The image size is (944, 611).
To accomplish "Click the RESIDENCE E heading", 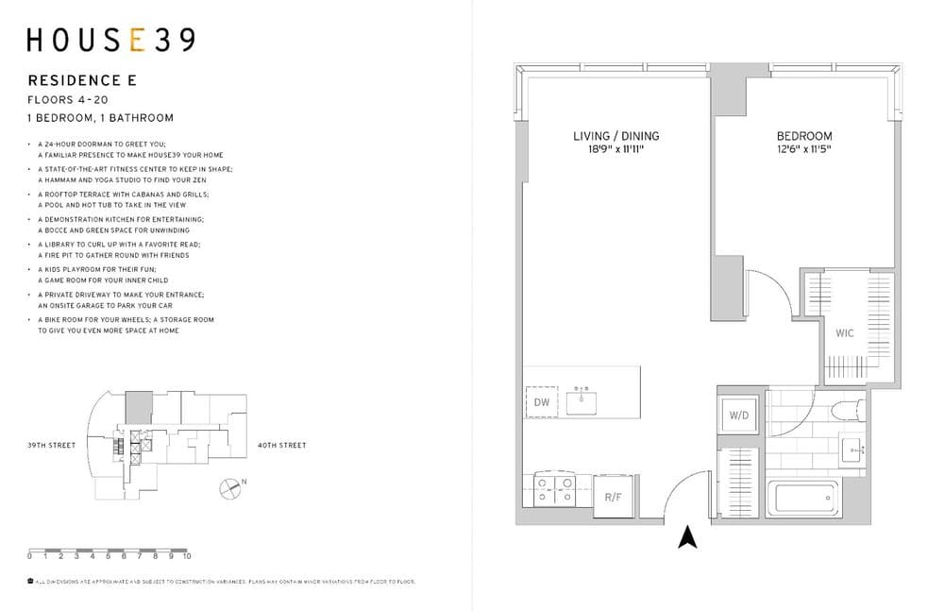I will [82, 81].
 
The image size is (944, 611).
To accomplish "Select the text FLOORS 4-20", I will [68, 99].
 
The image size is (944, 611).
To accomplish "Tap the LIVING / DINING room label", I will [615, 136].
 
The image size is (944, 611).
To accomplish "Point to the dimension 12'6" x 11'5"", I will [804, 149].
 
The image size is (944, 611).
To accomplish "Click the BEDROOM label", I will [804, 136].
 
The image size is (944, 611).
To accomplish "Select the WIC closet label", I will [844, 333].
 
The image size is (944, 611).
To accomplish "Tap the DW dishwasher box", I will [541, 401].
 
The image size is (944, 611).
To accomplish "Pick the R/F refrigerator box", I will [613, 497].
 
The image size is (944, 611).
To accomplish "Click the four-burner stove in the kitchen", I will [555, 489].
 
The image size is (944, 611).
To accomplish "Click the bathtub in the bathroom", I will [802, 497].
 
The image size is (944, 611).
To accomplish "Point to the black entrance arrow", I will [688, 537].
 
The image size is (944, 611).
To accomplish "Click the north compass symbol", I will [229, 488].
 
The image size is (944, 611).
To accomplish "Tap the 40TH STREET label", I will [281, 445].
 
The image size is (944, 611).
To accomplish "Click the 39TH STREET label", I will [51, 445].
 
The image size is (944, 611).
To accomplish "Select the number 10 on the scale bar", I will [188, 558].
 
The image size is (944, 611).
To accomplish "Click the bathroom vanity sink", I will [852, 450].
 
